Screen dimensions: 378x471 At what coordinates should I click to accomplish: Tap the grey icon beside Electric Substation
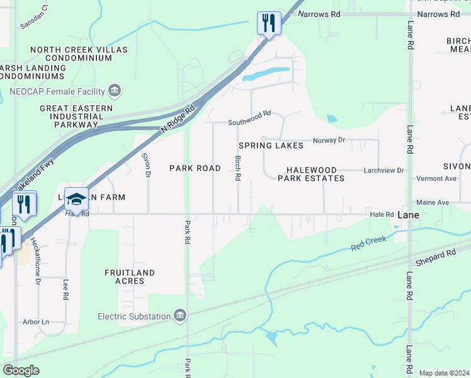click(179, 315)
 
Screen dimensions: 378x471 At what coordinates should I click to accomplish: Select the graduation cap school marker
click(76, 199)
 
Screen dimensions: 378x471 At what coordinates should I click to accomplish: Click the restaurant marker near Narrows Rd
click(268, 24)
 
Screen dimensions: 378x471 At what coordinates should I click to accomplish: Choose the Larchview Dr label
click(384, 171)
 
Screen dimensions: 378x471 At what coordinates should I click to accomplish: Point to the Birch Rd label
click(238, 169)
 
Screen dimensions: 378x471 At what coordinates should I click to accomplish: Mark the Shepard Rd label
click(436, 258)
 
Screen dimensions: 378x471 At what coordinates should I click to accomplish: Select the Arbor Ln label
click(36, 322)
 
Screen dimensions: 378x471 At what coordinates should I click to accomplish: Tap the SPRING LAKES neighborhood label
click(271, 146)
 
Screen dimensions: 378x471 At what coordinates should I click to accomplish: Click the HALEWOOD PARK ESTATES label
click(311, 175)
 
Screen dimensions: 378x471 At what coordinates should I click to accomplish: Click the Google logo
click(21, 370)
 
